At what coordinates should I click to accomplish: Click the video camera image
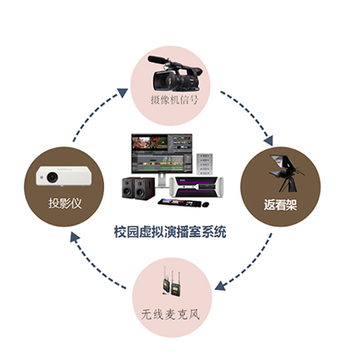point(174,73)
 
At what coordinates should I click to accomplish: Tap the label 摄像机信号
point(175,100)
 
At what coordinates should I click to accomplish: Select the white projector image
point(63,176)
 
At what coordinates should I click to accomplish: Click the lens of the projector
point(52,177)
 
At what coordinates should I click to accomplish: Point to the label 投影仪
point(65,203)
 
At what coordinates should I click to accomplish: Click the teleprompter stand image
point(286,173)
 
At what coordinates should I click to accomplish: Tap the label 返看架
point(281,205)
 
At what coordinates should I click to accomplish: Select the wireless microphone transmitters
point(171,281)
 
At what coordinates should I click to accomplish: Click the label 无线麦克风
point(171,314)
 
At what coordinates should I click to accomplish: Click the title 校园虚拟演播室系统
point(170,232)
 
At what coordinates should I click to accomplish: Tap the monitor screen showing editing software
point(162,153)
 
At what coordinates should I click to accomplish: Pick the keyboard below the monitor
point(180,202)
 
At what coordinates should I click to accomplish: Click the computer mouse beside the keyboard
point(206,205)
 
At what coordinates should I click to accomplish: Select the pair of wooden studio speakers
point(138,188)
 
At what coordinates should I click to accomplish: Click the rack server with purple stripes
point(196,187)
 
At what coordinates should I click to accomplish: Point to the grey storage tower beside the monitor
point(205,164)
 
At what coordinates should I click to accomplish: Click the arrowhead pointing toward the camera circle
point(122,92)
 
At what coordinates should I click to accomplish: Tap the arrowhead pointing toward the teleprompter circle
point(268,141)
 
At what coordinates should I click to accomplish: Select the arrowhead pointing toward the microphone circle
point(221,286)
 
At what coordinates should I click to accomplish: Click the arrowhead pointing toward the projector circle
point(74,238)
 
